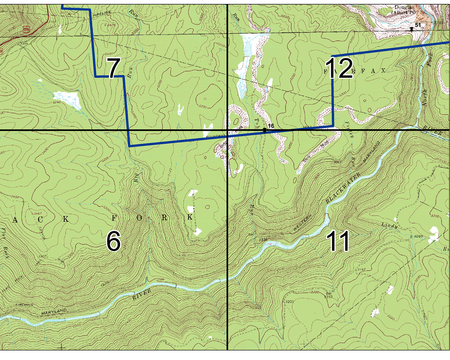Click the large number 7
(x=114, y=68)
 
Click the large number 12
(x=339, y=68)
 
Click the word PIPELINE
(x=102, y=13)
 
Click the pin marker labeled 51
(x=412, y=29)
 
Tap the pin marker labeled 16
(x=264, y=130)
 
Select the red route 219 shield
(x=26, y=29)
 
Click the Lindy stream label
(x=389, y=226)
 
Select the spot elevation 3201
(x=289, y=301)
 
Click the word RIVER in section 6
(x=142, y=295)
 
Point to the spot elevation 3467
(x=37, y=214)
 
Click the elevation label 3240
(x=56, y=102)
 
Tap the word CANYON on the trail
(x=42, y=233)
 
